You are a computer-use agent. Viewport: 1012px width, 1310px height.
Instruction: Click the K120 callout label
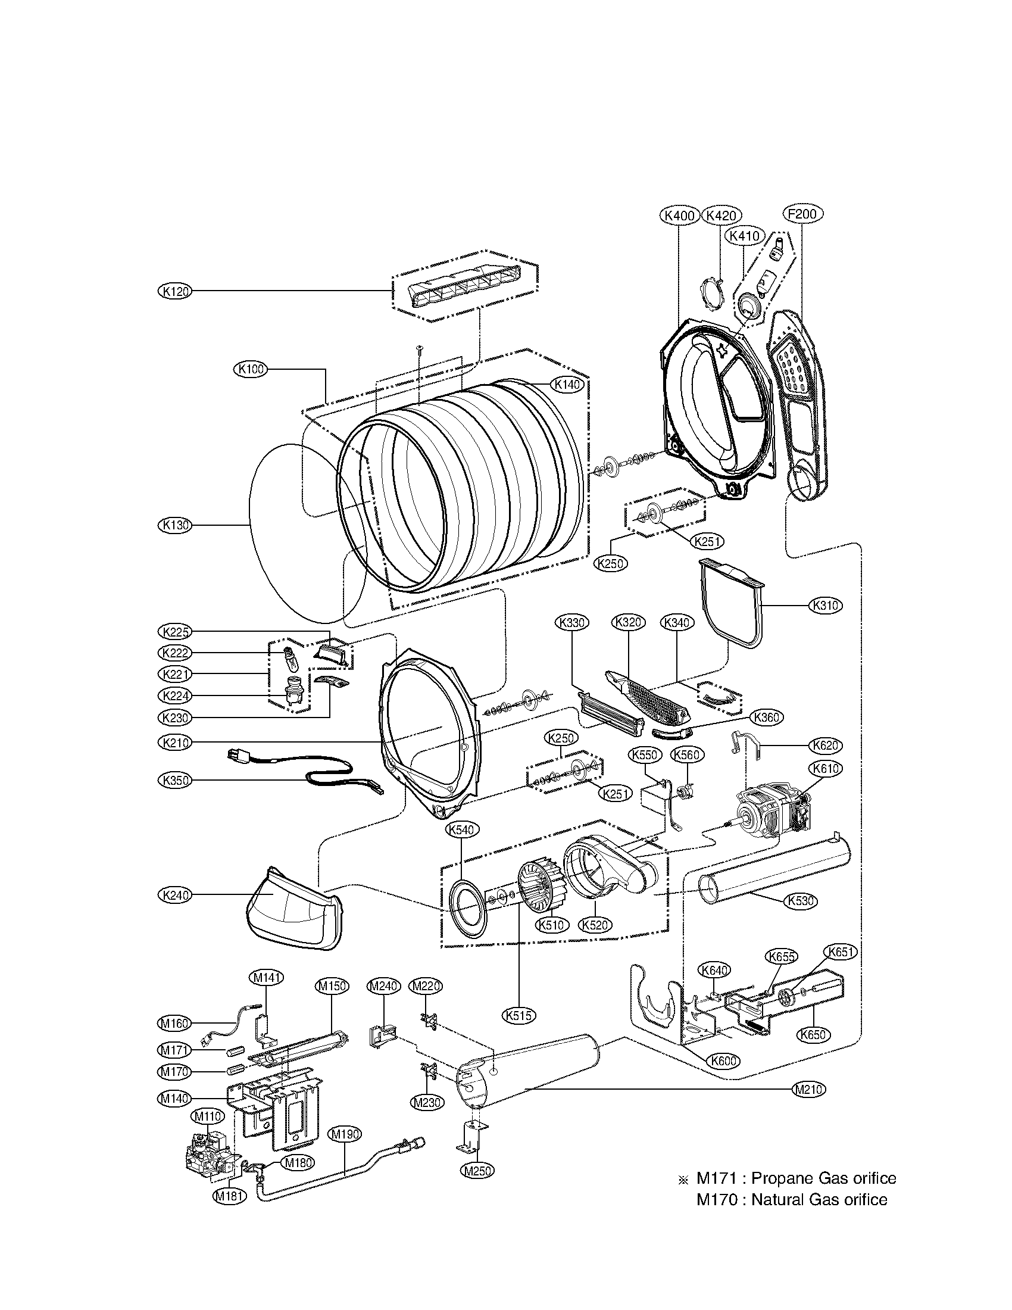pos(175,292)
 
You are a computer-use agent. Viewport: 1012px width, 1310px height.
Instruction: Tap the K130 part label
pos(175,525)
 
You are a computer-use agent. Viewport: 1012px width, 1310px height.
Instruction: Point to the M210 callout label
pos(808,1090)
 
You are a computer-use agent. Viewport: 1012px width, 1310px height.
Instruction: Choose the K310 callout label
pos(825,606)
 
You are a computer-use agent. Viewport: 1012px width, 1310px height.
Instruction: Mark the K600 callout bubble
pos(723,1061)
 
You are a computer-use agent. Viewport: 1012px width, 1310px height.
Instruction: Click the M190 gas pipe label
pos(345,1134)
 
